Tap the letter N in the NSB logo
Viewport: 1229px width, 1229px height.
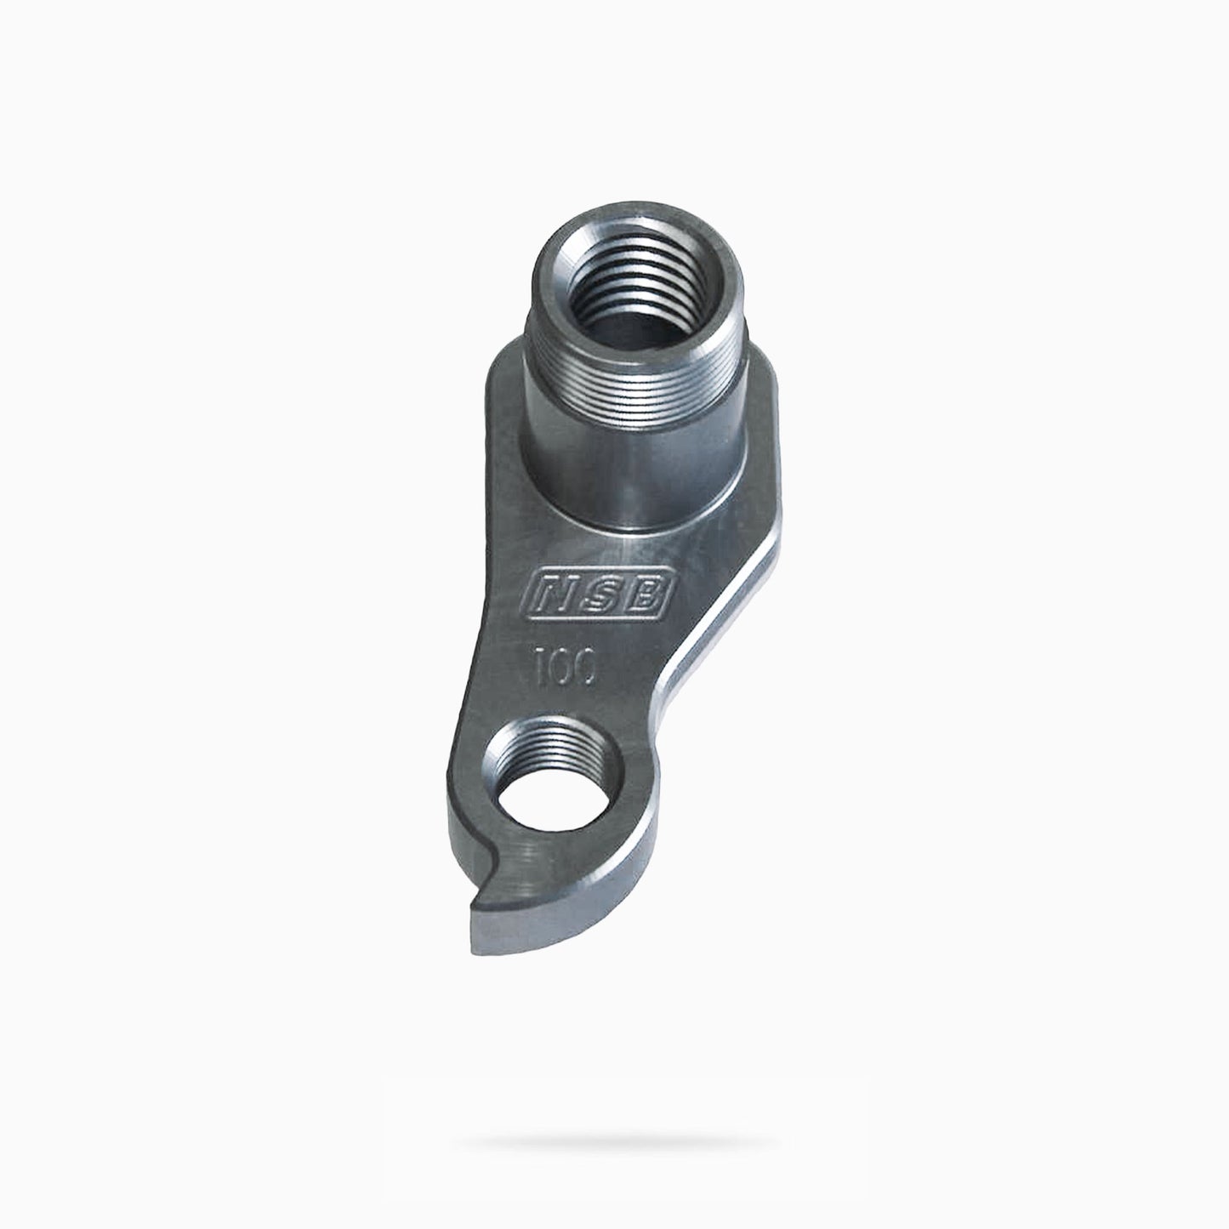pos(552,593)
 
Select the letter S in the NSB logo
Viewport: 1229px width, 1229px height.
pos(600,593)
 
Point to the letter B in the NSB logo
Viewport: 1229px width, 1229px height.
pos(646,593)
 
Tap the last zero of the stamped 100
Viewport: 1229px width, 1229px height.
pos(585,668)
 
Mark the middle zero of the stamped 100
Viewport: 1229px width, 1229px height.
pos(562,666)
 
